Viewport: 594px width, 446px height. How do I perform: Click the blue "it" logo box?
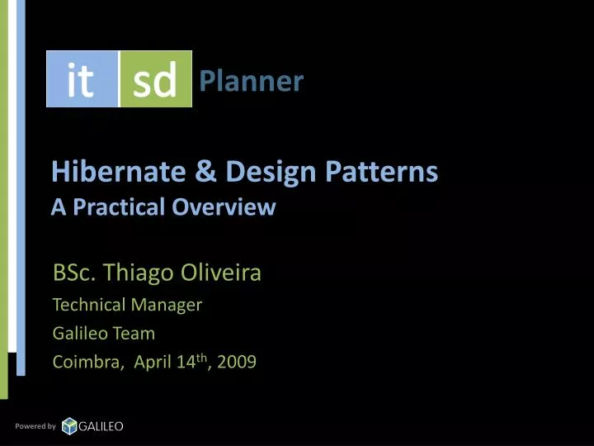tap(82, 79)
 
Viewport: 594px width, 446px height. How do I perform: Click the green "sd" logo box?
tap(155, 79)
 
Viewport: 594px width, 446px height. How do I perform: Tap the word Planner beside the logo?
tap(252, 81)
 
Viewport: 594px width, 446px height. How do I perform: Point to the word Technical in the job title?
tap(88, 305)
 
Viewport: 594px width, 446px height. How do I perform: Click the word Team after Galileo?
tap(135, 334)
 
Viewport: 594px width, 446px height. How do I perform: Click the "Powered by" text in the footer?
tap(35, 426)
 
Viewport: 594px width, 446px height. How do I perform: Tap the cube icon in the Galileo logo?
tap(69, 425)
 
